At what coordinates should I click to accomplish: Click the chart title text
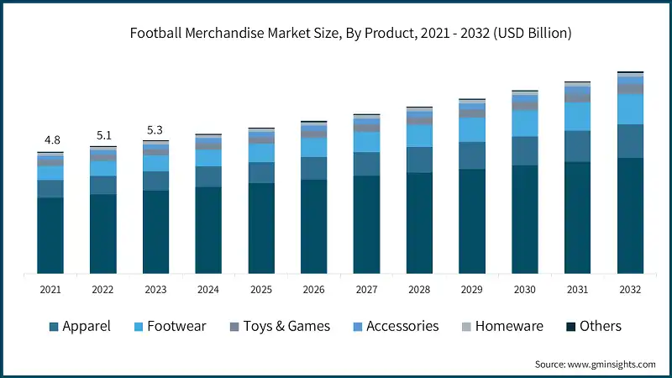pyautogui.click(x=351, y=34)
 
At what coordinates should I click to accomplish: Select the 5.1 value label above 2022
pyautogui.click(x=103, y=134)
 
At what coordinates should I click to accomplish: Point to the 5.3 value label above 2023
pyautogui.click(x=156, y=129)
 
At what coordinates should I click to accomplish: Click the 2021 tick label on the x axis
pyautogui.click(x=50, y=290)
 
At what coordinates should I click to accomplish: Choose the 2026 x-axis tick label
pyautogui.click(x=314, y=290)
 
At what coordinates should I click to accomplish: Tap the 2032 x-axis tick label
pyautogui.click(x=630, y=290)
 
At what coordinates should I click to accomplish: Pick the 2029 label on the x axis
pyautogui.click(x=472, y=290)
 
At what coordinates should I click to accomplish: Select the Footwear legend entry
pyautogui.click(x=176, y=326)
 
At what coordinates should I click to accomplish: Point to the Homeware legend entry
pyautogui.click(x=509, y=326)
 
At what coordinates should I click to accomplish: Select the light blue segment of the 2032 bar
pyautogui.click(x=630, y=109)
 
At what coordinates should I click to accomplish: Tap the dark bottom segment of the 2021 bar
pyautogui.click(x=50, y=235)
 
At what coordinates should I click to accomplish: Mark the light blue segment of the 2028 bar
pyautogui.click(x=419, y=136)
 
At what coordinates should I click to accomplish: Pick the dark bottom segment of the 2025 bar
pyautogui.click(x=261, y=228)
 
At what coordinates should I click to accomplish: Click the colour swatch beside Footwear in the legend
pyautogui.click(x=138, y=326)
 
